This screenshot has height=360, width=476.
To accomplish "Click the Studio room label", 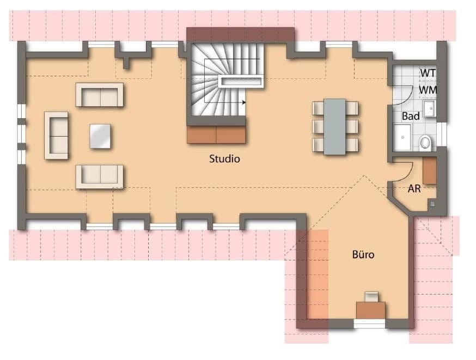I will (224, 159).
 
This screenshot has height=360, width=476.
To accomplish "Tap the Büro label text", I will (363, 254).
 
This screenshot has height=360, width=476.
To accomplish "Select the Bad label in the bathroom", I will (410, 116).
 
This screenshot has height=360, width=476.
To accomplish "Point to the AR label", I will (414, 189).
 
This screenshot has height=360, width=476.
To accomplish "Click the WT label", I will (428, 72).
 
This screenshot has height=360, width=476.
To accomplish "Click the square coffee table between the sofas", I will (100, 136).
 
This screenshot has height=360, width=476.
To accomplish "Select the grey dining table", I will (335, 126).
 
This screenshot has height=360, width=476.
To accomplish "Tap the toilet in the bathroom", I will (425, 143).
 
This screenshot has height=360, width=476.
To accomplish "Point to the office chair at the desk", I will (371, 297).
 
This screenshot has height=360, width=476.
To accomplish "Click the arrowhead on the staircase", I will (245, 102).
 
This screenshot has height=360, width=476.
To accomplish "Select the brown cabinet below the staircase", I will (217, 135).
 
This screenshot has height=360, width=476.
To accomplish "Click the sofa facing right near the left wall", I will (56, 135).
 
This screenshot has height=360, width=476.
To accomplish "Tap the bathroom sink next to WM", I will (430, 108).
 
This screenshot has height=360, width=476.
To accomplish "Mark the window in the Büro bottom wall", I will (369, 324).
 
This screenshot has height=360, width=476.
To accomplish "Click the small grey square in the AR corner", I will (432, 204).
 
